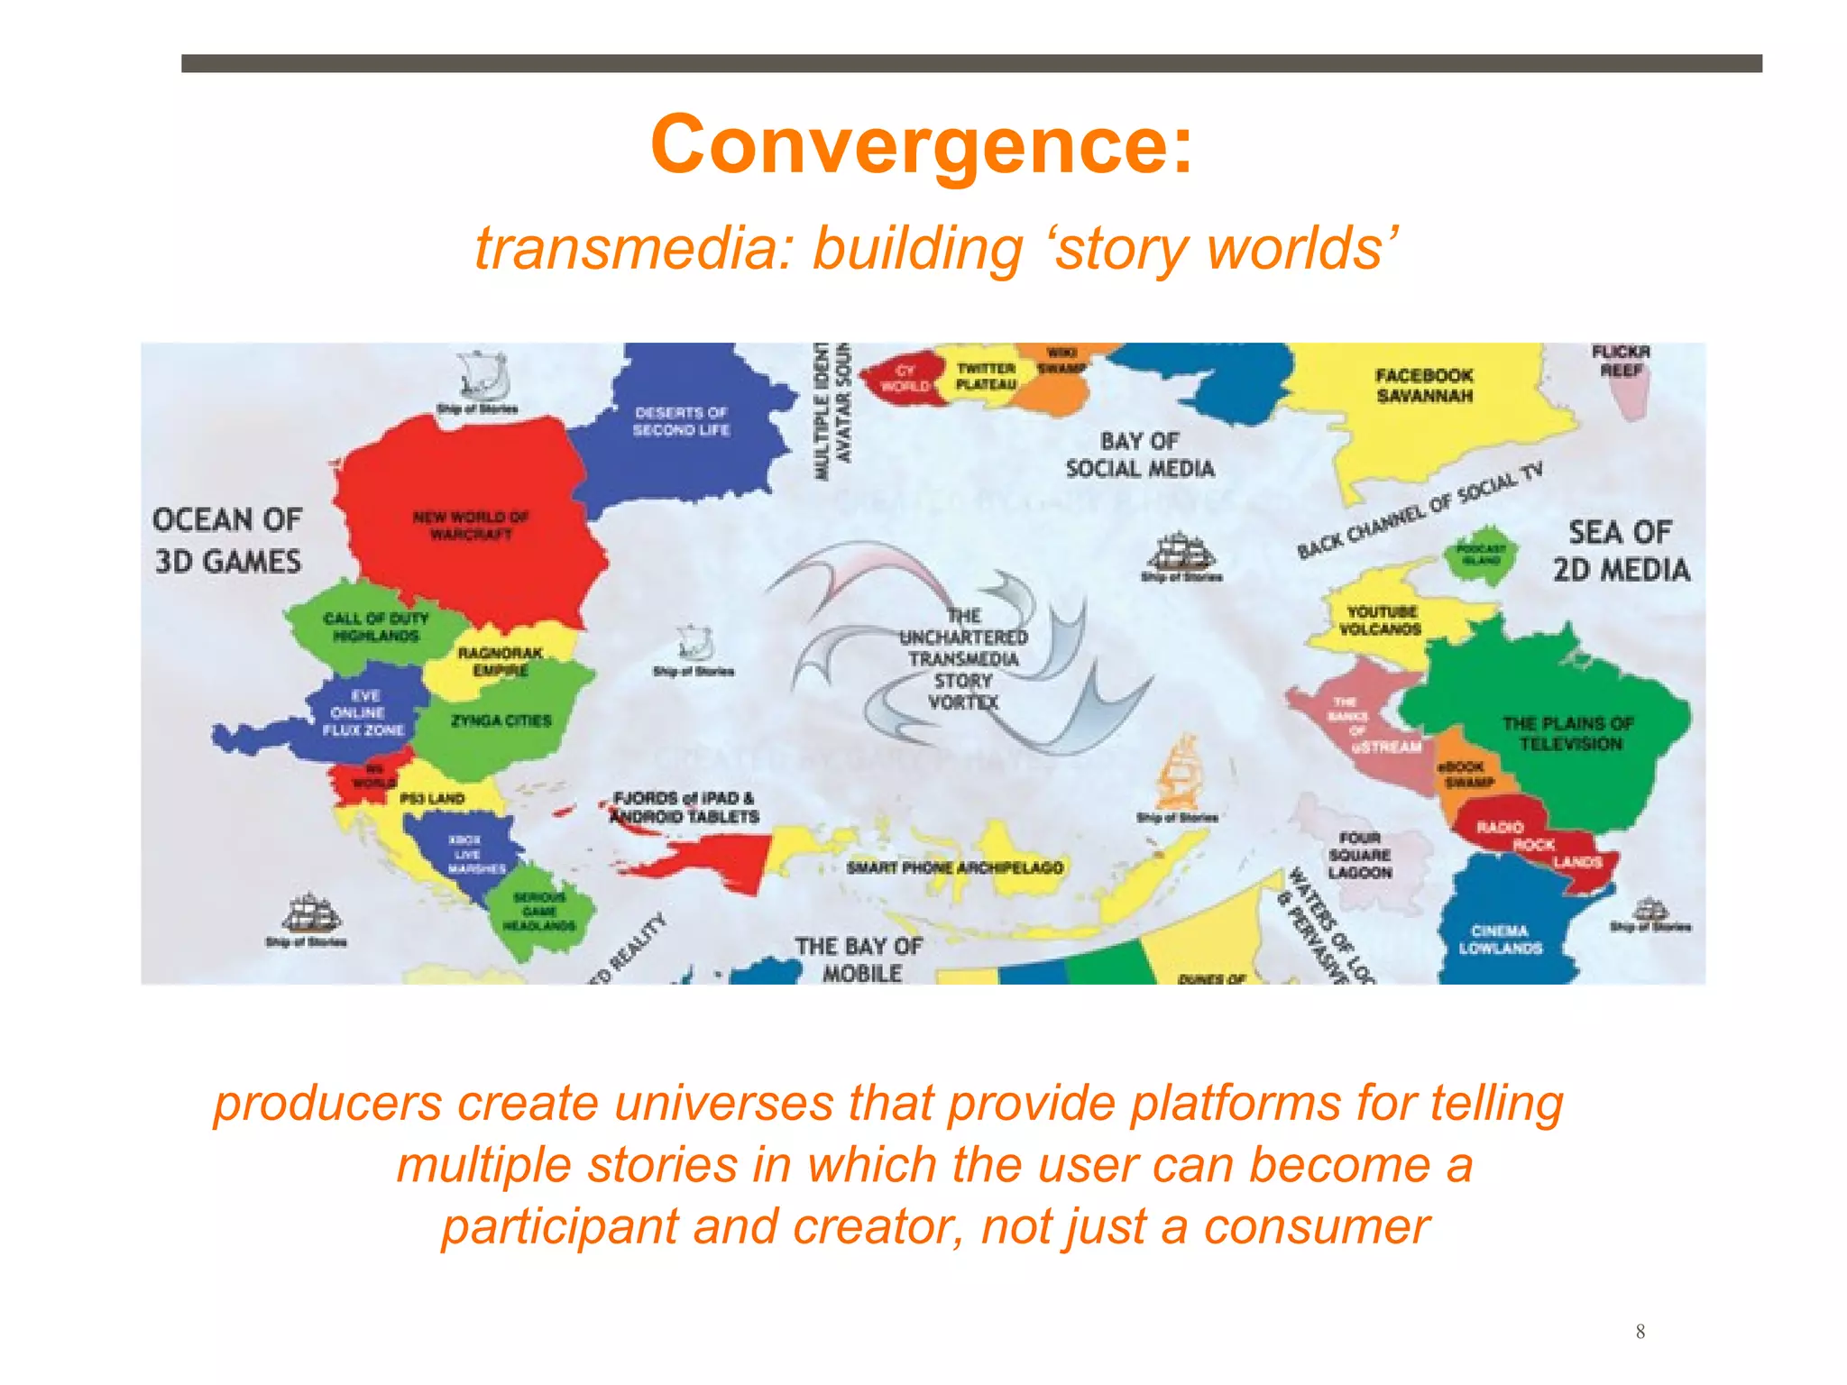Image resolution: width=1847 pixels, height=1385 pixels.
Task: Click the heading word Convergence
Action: [922, 146]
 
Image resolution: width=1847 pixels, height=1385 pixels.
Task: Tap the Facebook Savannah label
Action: [1424, 386]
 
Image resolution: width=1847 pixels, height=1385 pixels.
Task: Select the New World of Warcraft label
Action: [470, 525]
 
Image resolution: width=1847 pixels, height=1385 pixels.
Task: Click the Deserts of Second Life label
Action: [681, 421]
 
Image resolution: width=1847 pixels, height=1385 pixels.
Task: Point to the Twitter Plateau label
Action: [986, 376]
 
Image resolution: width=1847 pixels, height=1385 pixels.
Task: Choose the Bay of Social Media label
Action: [1140, 454]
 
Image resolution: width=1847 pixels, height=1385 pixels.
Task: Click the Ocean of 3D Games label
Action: [227, 540]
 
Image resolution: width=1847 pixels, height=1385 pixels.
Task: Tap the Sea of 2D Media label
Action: [1621, 551]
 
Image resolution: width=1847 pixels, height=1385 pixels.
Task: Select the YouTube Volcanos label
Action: [1381, 620]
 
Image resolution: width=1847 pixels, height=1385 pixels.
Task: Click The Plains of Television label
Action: [1569, 733]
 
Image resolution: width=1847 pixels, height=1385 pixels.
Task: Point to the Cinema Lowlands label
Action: [1500, 939]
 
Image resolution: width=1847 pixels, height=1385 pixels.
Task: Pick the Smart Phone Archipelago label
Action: [954, 867]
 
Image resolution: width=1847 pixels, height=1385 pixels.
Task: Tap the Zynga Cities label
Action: [501, 720]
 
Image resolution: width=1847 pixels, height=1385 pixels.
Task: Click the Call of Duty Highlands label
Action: [375, 627]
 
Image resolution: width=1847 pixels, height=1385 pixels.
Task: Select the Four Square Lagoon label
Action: [1359, 855]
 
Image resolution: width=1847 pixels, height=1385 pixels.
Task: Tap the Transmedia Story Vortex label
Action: [963, 659]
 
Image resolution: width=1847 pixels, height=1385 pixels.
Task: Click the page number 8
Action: [1640, 1331]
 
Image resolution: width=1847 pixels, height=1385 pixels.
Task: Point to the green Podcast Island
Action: [1481, 554]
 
